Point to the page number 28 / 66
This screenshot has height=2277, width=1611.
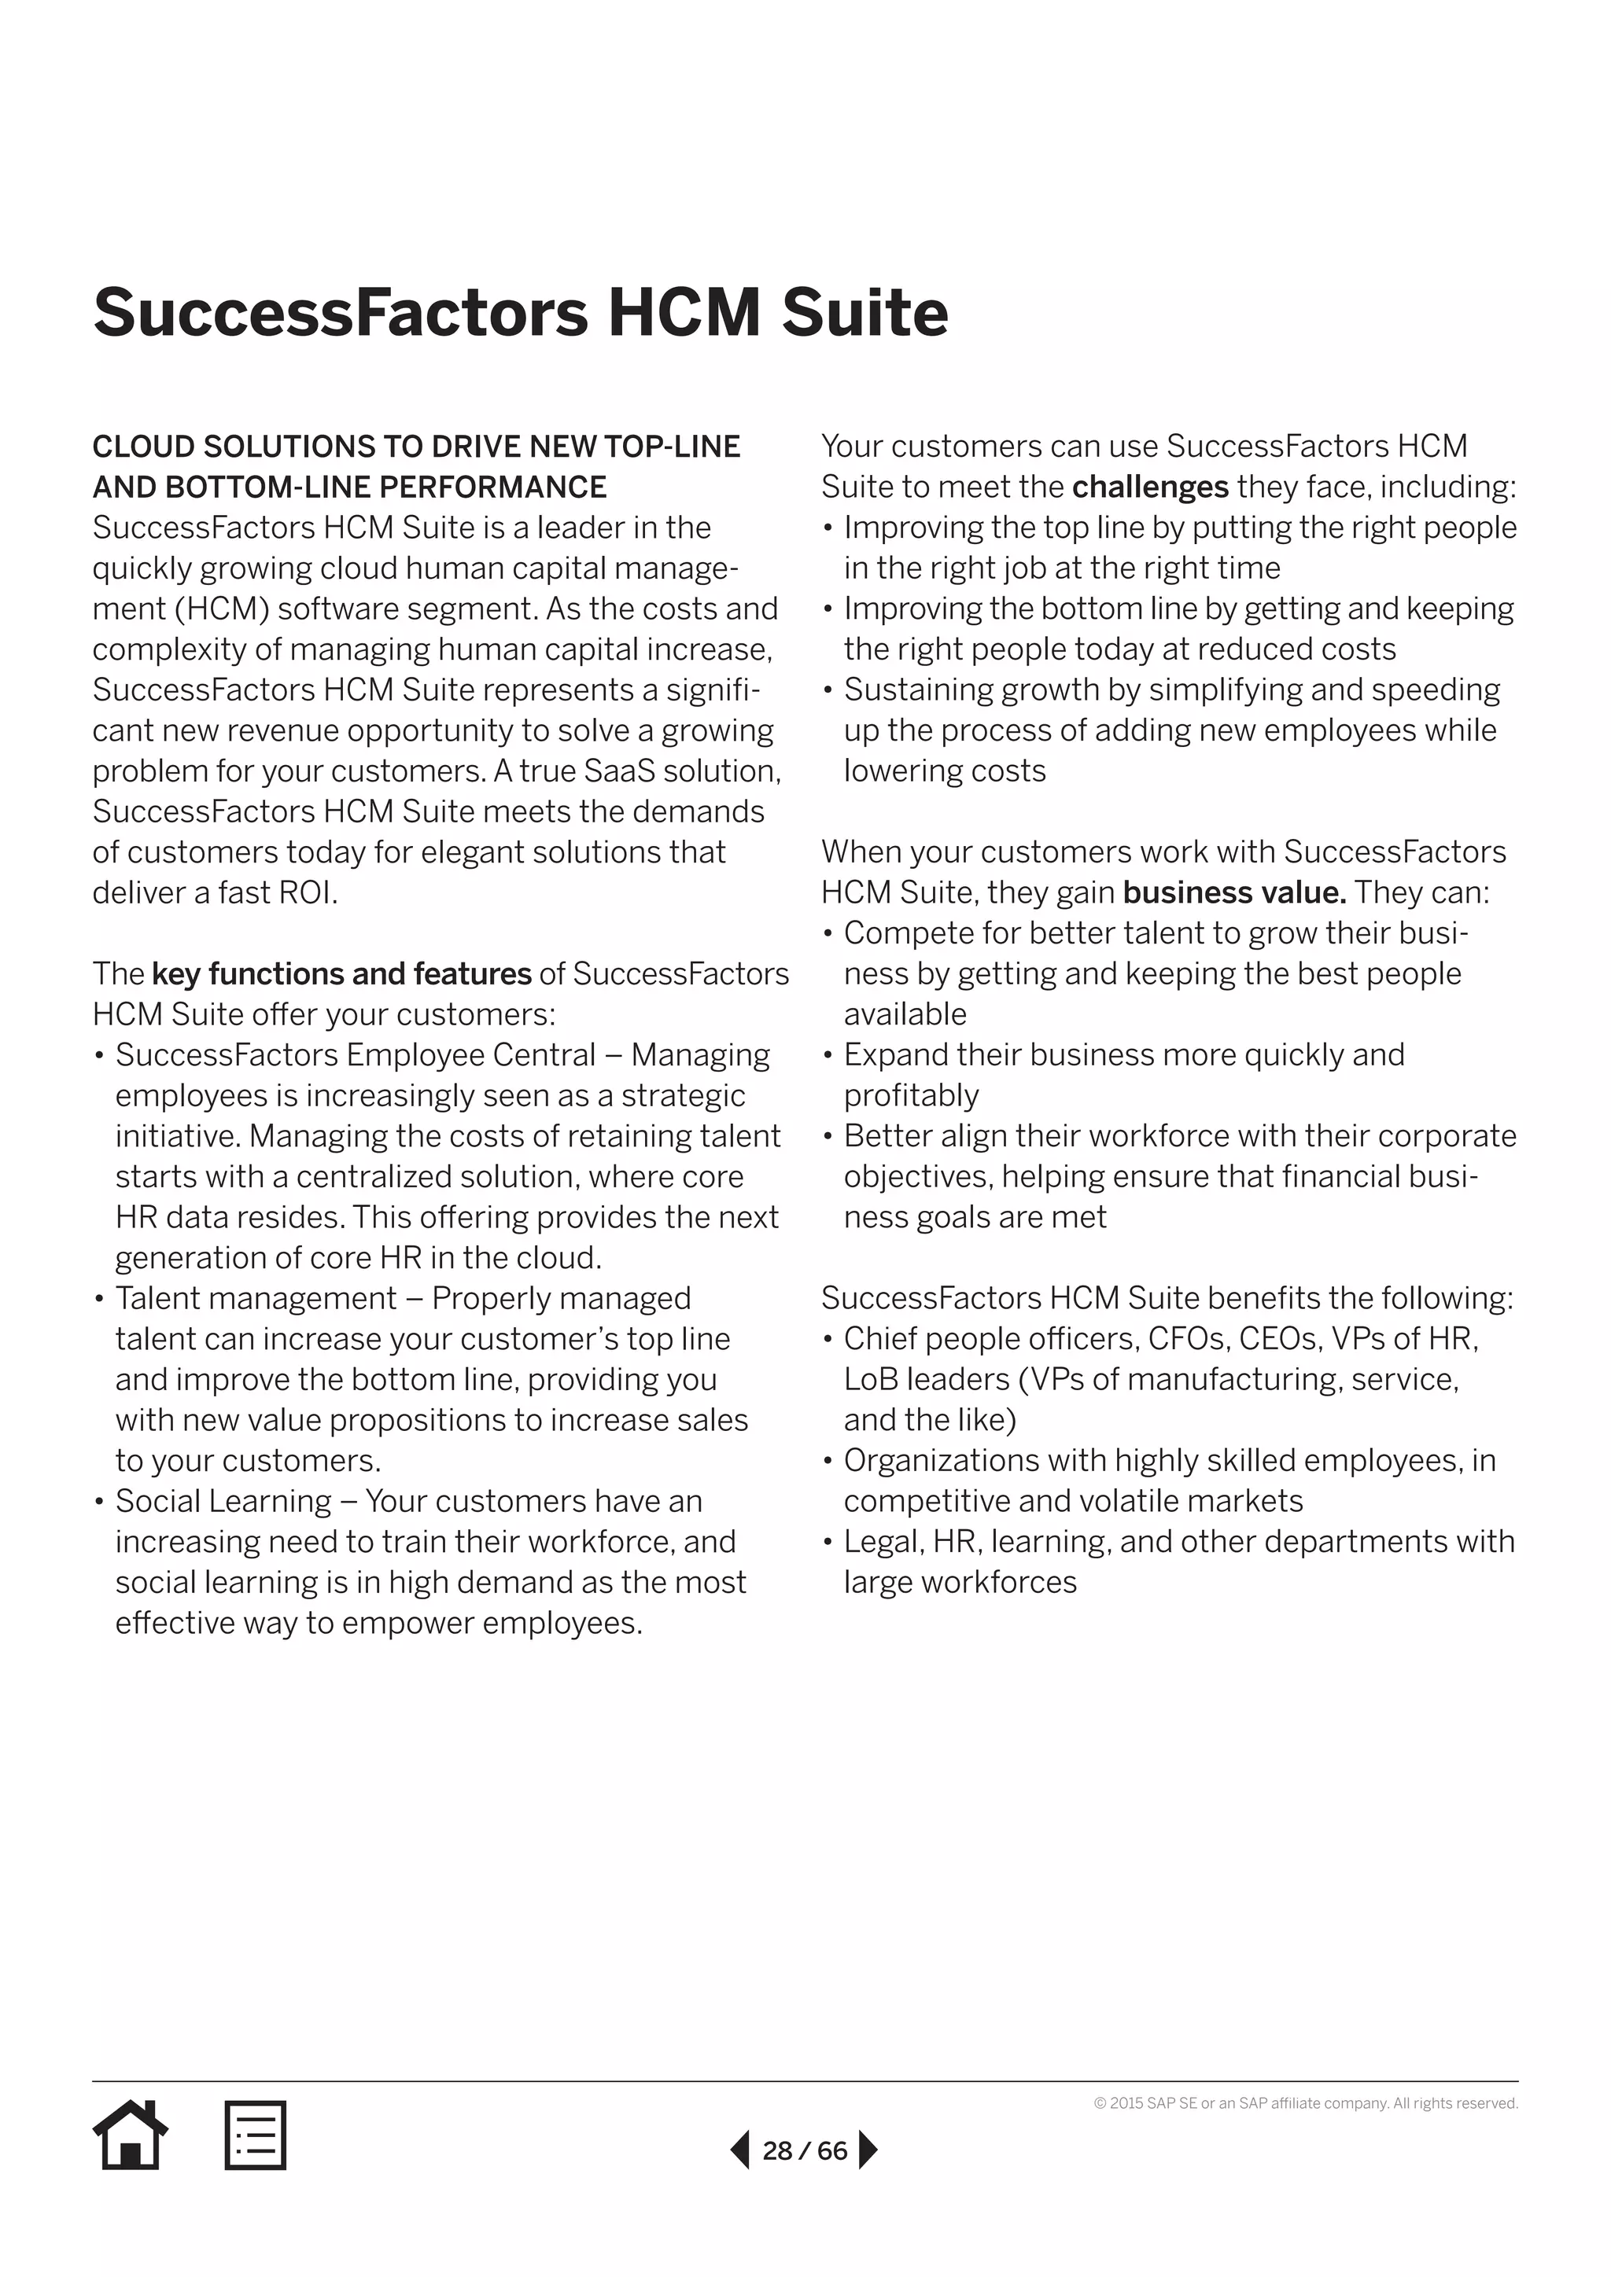(x=805, y=2150)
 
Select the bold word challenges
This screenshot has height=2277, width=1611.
(x=1150, y=487)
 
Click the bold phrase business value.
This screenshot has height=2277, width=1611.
(x=1234, y=892)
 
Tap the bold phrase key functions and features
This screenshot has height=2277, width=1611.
(x=341, y=974)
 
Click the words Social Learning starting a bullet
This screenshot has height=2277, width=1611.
(x=223, y=1502)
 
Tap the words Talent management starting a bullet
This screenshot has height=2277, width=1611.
(x=256, y=1298)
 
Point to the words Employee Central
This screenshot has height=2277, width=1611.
(x=471, y=1055)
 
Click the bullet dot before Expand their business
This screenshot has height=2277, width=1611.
(x=828, y=1055)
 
